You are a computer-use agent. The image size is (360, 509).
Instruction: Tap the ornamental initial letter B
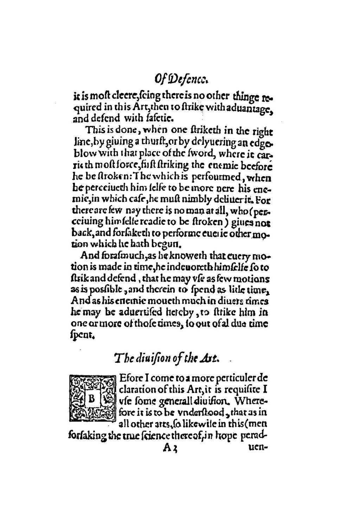coord(92,399)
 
